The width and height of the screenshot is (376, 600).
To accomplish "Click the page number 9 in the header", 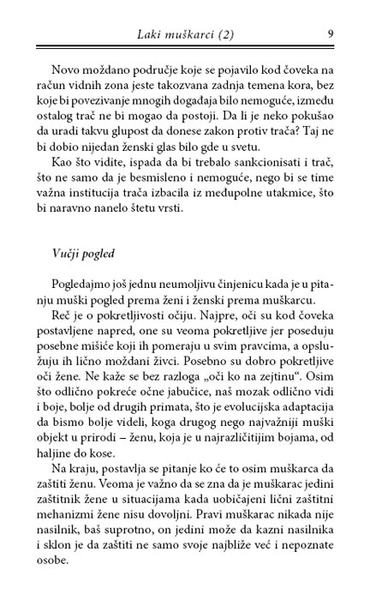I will (330, 34).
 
